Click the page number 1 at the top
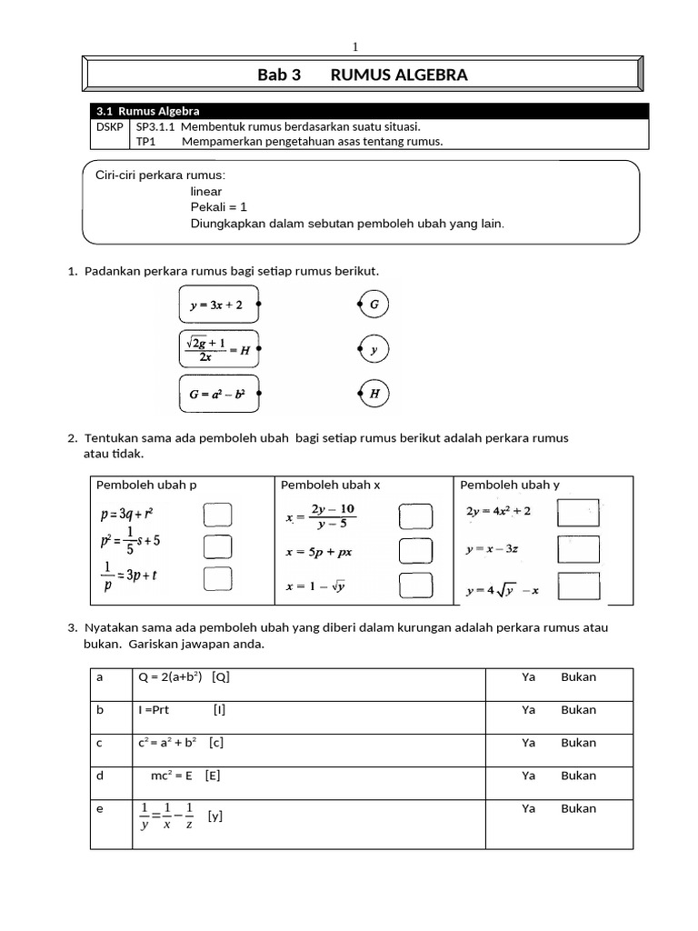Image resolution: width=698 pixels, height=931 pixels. click(x=355, y=47)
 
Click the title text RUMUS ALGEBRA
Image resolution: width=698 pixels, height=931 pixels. click(x=399, y=75)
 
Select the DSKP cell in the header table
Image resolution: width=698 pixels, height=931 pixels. click(x=109, y=127)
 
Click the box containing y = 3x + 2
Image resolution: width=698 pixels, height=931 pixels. click(x=218, y=305)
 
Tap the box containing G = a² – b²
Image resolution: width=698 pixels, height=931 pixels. click(x=218, y=394)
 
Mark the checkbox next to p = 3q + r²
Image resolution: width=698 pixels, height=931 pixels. click(x=216, y=516)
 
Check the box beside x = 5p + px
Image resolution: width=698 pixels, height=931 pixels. click(x=414, y=551)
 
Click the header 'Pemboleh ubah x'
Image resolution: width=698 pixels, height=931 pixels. click(x=330, y=485)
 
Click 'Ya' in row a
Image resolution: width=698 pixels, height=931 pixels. click(x=528, y=677)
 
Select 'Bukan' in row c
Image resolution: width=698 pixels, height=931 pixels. click(x=578, y=743)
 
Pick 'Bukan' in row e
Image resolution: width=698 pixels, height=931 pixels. click(x=578, y=808)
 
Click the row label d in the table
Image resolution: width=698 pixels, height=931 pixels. click(x=99, y=776)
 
